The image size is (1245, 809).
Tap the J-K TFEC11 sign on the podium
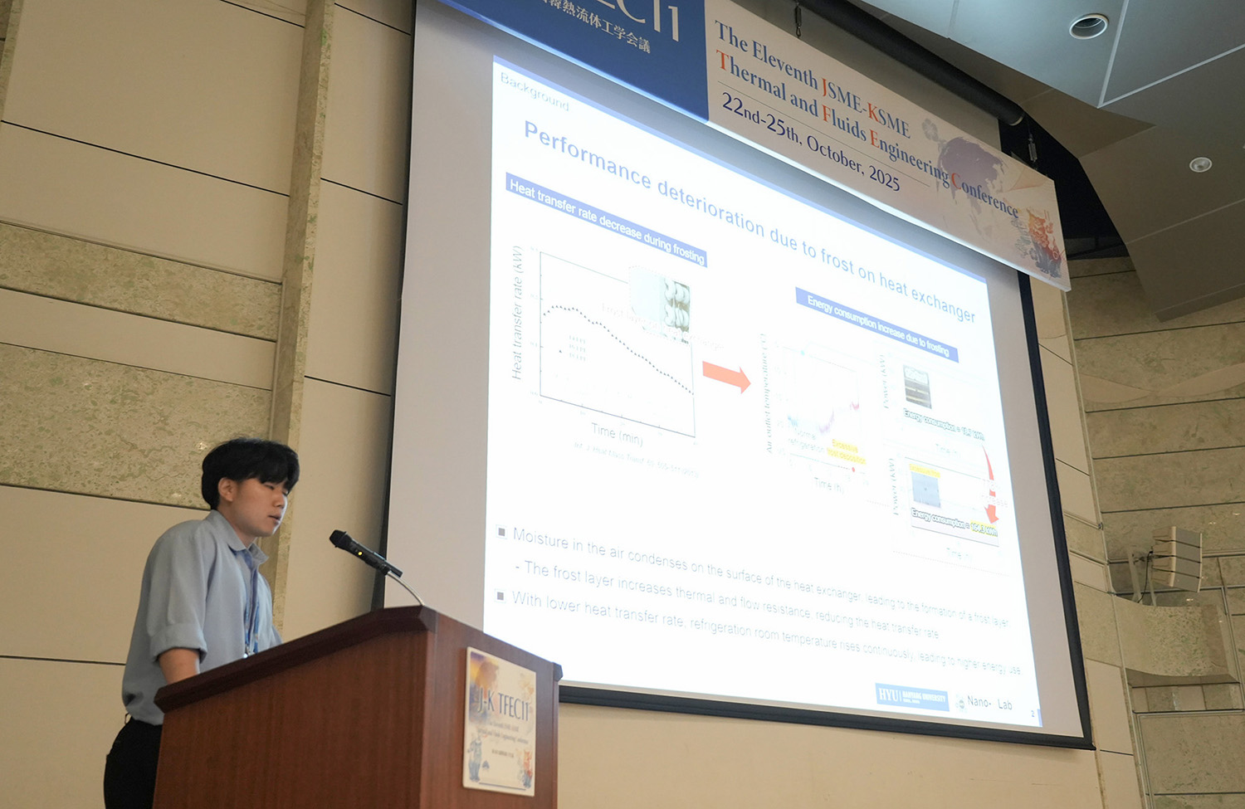[500, 719]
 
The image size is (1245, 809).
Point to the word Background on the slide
[535, 92]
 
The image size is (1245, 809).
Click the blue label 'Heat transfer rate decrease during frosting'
[606, 222]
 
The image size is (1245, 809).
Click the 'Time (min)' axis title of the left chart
[617, 433]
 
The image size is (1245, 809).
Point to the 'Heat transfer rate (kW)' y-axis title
[517, 313]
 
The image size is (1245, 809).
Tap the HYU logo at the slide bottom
[889, 694]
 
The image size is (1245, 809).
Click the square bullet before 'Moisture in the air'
[501, 532]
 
